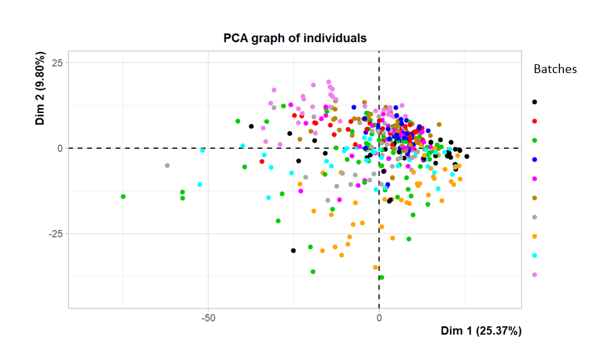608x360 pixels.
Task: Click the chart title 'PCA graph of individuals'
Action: pos(295,38)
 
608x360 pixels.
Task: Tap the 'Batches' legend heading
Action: pos(555,70)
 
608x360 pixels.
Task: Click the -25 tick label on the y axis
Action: pos(54,234)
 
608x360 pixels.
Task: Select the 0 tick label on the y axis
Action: pos(60,148)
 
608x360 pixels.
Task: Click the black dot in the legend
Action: pos(534,102)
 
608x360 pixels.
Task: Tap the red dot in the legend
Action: pos(534,121)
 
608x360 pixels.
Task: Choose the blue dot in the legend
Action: pos(534,160)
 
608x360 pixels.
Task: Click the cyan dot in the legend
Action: pos(534,256)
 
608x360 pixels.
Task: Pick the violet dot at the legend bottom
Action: pos(534,275)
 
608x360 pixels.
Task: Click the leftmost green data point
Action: pos(123,197)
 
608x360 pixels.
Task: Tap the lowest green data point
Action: pos(381,277)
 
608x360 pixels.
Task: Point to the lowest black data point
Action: pos(294,250)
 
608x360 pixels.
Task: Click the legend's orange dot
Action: pos(534,236)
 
